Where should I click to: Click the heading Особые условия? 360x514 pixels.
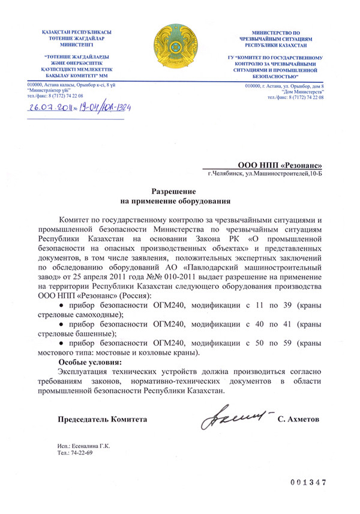point(89,363)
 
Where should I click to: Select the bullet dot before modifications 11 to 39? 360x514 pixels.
point(62,306)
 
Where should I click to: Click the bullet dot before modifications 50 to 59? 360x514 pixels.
point(62,342)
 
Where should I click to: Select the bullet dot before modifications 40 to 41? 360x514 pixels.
point(62,324)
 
